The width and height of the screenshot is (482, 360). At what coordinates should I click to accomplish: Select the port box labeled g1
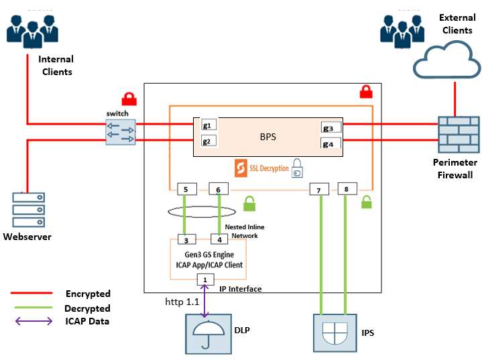tap(207, 125)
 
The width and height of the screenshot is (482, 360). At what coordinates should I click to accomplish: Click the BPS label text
tap(268, 136)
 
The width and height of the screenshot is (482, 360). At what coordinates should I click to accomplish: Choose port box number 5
tap(186, 190)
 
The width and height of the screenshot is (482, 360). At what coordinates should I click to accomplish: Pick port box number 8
tap(347, 189)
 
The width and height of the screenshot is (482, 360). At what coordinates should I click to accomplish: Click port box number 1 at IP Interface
tap(204, 280)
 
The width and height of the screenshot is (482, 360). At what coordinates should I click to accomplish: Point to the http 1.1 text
tap(183, 302)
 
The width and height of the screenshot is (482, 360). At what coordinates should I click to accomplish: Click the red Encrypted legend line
tap(32, 294)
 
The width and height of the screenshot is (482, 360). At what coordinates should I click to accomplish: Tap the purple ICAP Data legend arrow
tap(32, 321)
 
